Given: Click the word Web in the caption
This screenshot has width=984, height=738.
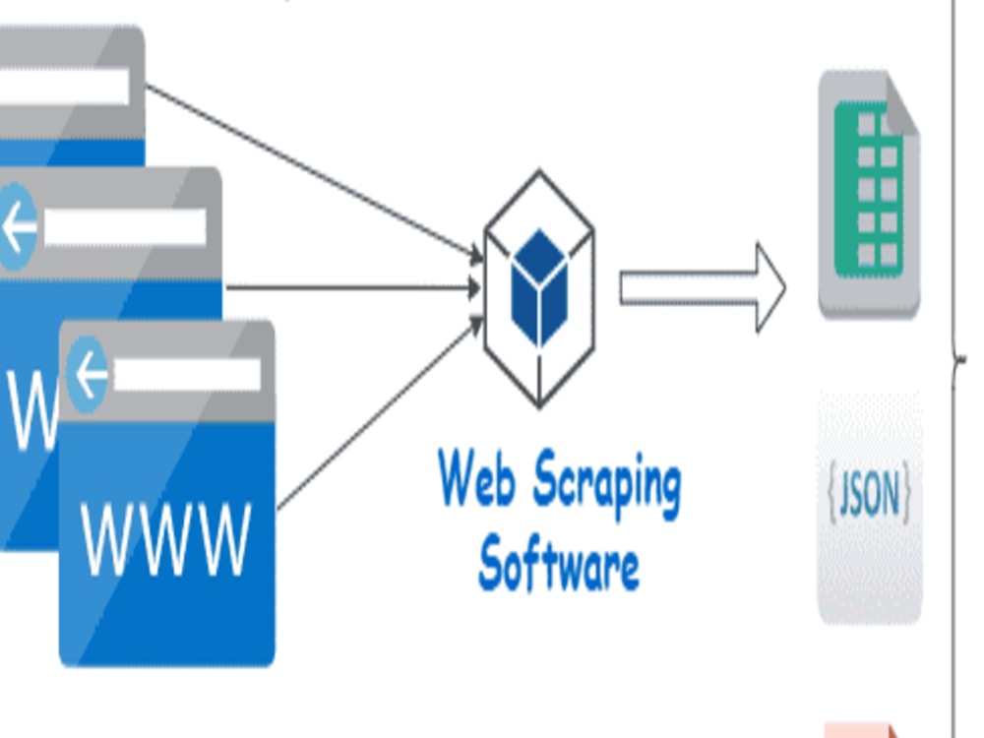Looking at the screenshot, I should (475, 480).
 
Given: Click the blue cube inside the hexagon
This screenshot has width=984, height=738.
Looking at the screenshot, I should (539, 286).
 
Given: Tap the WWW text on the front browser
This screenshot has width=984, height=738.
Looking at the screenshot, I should (166, 540).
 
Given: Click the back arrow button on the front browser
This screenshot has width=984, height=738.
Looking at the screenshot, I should (87, 375).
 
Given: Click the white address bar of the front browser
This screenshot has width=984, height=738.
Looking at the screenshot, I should (187, 375).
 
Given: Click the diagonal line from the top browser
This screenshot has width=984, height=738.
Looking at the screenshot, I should (315, 173).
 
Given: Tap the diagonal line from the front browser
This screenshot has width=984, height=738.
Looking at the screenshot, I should (374, 413).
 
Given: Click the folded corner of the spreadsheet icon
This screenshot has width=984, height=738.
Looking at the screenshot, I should (900, 103).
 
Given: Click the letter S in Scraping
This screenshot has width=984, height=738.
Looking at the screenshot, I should (549, 479).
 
